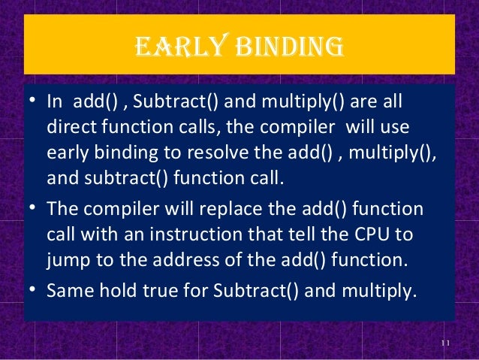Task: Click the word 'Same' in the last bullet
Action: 67,289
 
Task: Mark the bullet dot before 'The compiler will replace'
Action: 32,209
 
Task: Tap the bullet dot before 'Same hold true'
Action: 32,290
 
